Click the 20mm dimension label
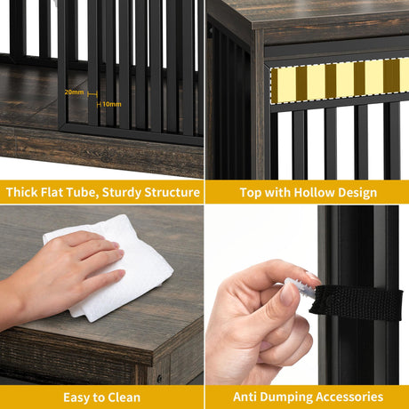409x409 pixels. click(74, 92)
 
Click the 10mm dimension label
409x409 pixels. click(112, 104)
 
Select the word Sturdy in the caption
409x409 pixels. click(122, 193)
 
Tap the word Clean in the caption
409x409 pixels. click(124, 397)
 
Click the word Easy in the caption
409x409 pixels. click(76, 398)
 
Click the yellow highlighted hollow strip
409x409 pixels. click(340, 81)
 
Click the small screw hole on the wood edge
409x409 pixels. click(160, 379)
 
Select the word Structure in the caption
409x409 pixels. click(172, 192)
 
